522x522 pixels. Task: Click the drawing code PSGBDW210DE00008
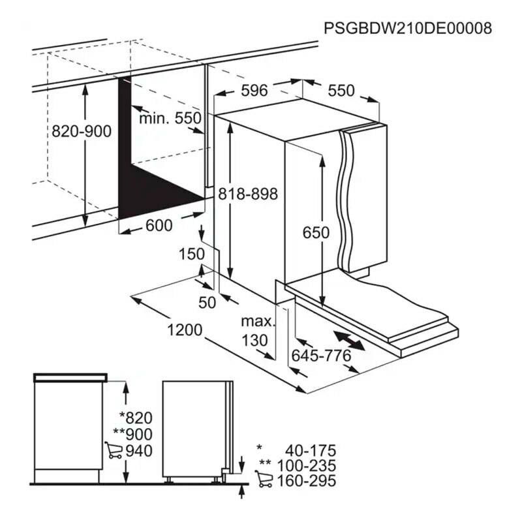(408, 28)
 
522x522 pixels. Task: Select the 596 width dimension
(254, 91)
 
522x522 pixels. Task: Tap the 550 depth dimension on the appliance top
(341, 91)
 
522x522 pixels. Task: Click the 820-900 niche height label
(82, 131)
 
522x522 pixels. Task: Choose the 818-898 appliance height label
(249, 194)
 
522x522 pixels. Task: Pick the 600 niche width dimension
(159, 226)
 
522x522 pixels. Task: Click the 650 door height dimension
(316, 232)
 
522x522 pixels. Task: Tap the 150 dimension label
(192, 254)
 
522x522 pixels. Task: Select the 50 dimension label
(207, 302)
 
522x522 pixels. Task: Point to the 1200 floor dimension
(184, 330)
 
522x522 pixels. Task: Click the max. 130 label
(254, 331)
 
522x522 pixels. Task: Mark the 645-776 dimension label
(321, 356)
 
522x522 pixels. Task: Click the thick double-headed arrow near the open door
(348, 339)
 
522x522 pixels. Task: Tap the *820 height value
(136, 418)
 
